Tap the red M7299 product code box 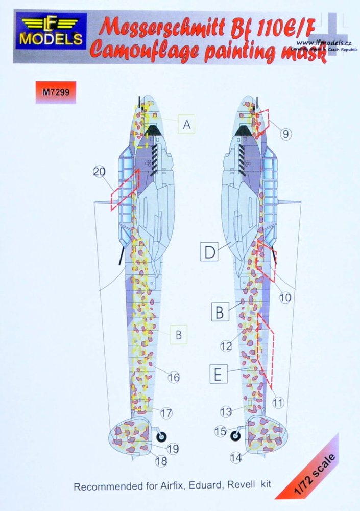[56, 91]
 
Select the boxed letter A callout [187, 124]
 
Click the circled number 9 [285, 134]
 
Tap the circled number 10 [285, 296]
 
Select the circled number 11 [278, 402]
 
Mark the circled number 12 [227, 346]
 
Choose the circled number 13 [226, 411]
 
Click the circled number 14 [235, 458]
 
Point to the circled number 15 [220, 432]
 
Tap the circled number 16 [174, 377]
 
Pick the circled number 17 [166, 412]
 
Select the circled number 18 [162, 461]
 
